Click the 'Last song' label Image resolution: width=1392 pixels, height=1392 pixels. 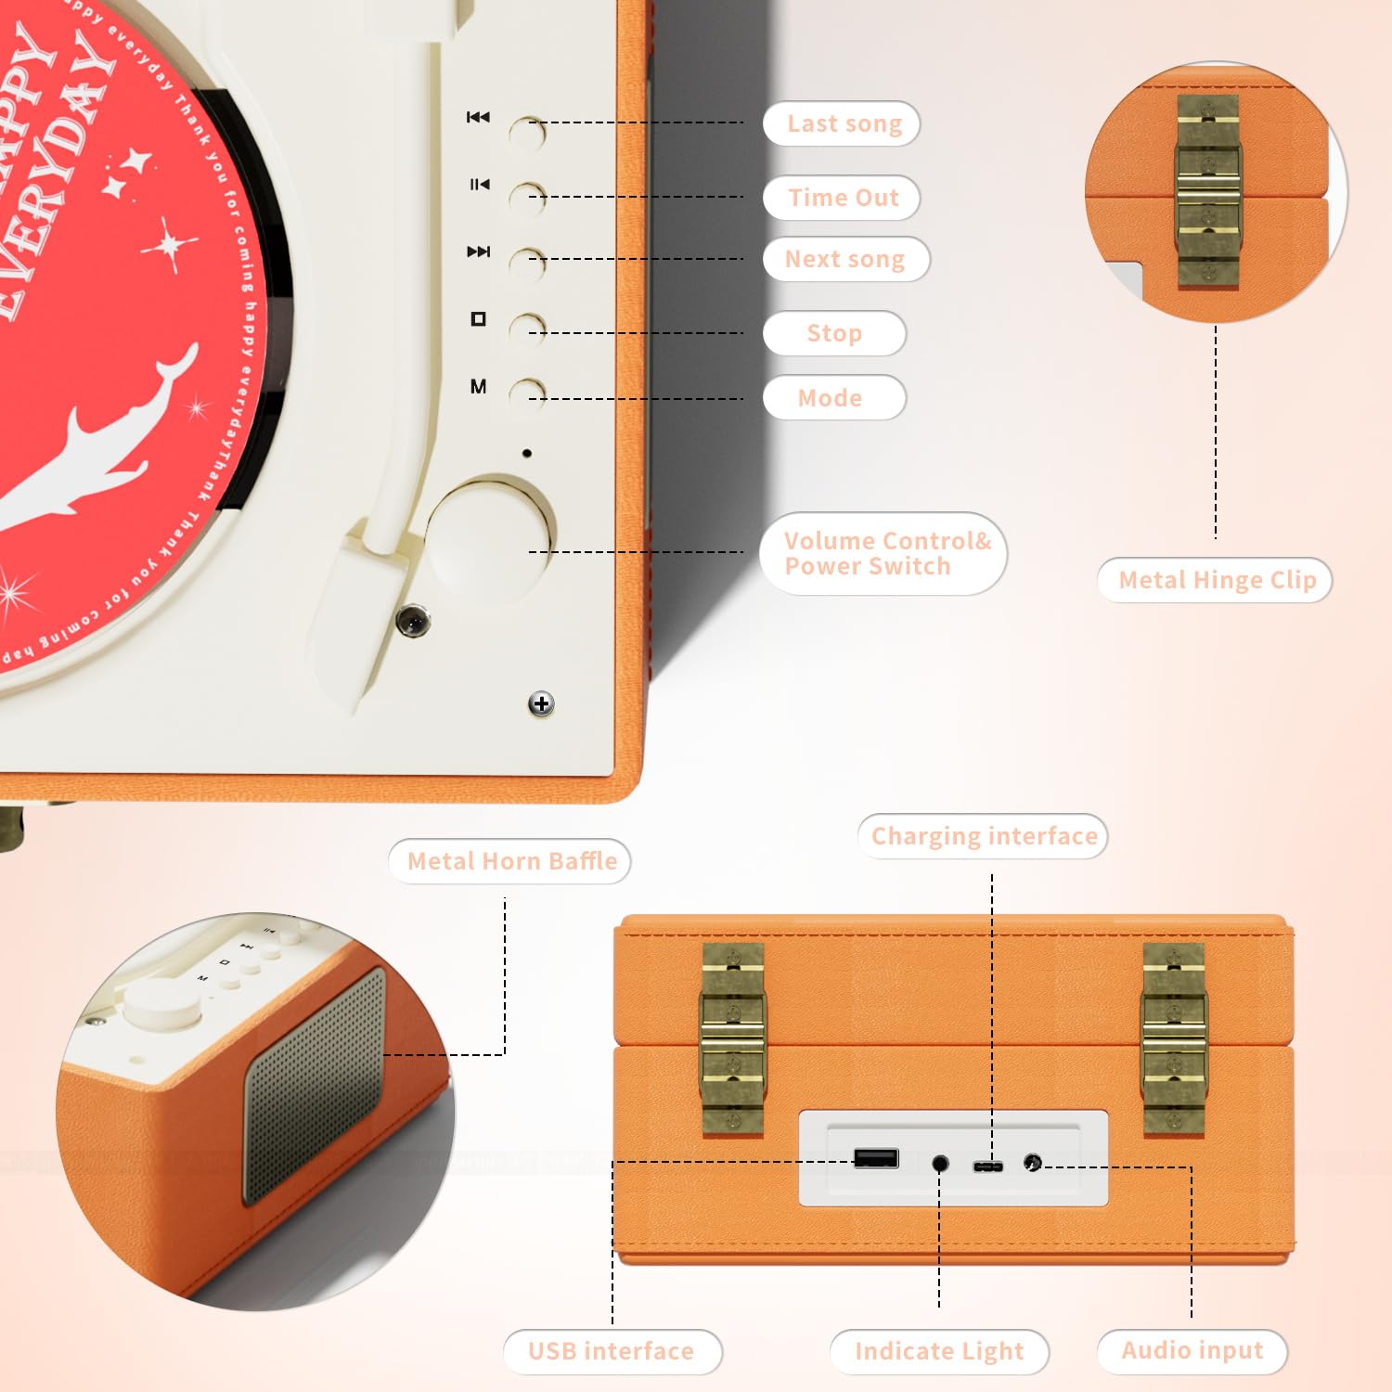point(843,123)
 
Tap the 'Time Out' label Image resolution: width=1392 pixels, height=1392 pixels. point(843,198)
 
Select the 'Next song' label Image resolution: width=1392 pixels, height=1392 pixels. point(844,259)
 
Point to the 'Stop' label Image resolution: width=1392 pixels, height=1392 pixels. point(833,333)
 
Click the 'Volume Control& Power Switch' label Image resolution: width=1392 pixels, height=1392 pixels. point(883,553)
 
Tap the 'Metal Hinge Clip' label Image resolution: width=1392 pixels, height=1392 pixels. point(1216,580)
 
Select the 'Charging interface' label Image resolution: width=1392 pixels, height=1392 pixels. point(984,836)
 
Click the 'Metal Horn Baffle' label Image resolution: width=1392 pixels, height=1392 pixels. point(511,861)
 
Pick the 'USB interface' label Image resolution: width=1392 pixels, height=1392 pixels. point(612,1351)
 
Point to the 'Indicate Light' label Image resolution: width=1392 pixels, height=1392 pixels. point(939,1351)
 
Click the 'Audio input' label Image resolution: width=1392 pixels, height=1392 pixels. point(1192,1350)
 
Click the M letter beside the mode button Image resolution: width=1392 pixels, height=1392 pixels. point(478,387)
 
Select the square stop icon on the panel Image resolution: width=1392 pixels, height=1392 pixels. point(478,319)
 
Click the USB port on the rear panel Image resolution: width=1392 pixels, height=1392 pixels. point(876,1158)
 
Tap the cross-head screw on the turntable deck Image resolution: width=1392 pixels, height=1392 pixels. point(541,704)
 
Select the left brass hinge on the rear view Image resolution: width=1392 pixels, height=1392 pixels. point(732,1039)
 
